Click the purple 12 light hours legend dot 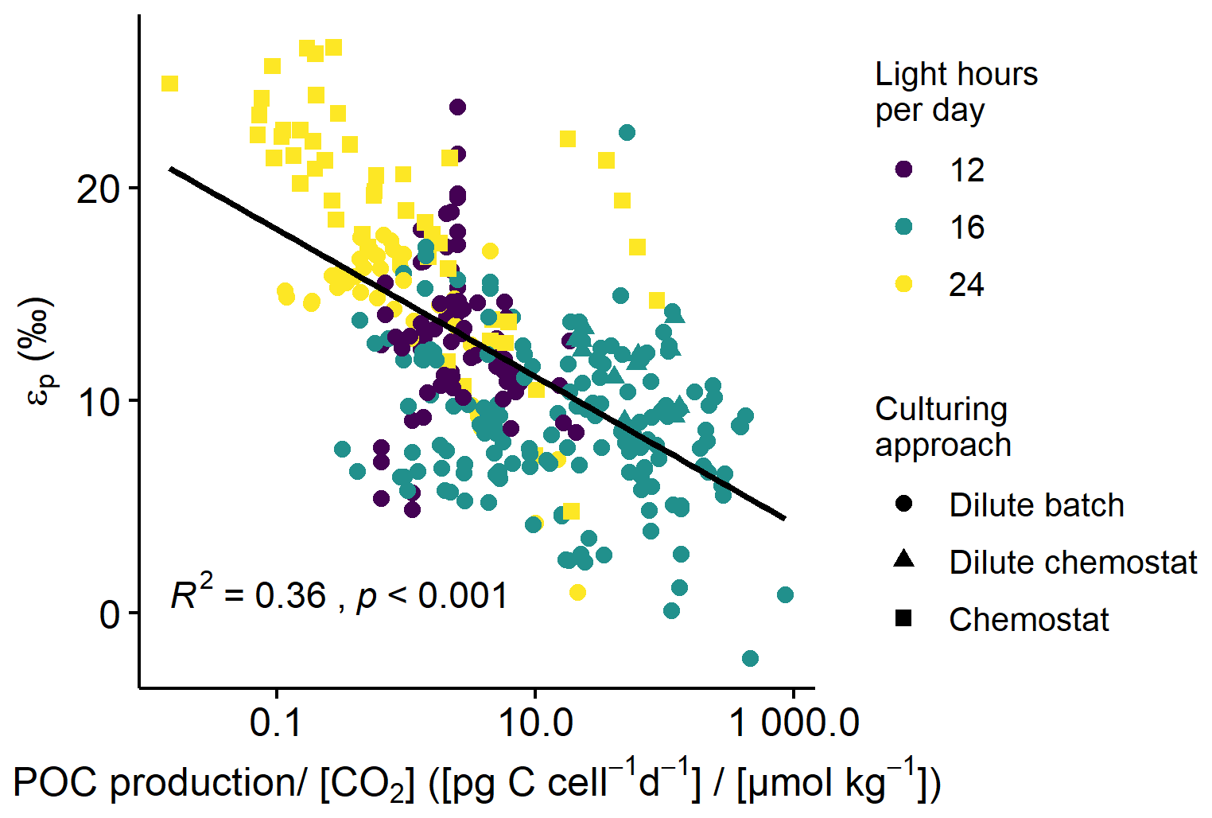coord(903,169)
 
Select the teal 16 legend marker coord(903,227)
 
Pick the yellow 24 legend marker coord(903,284)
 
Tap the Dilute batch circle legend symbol coord(903,504)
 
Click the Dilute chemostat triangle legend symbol coord(903,560)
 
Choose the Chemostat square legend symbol coord(903,618)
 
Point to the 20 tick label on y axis coord(97,189)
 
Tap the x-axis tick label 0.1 coord(277,723)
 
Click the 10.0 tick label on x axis coord(534,723)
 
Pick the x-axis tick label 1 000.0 coord(794,723)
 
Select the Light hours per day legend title coord(956,92)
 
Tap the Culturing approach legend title coord(943,427)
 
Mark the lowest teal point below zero coord(750,658)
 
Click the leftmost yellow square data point coord(169,84)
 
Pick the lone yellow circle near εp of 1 coord(578,592)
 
